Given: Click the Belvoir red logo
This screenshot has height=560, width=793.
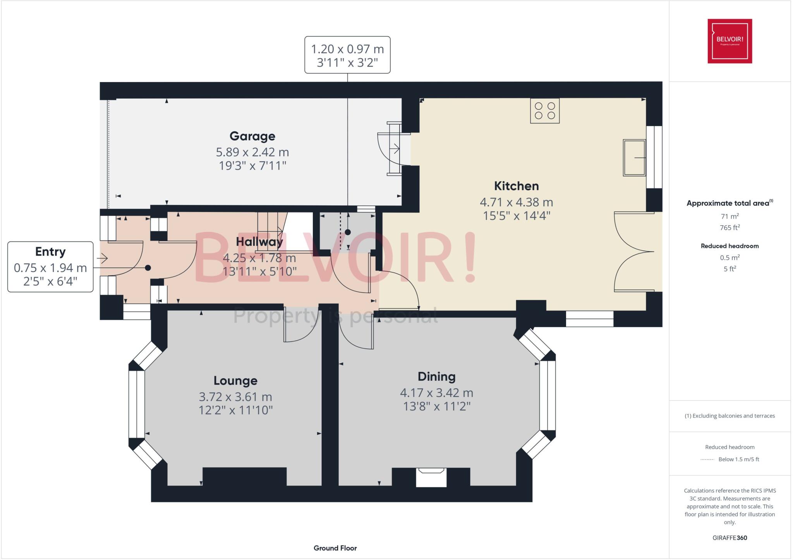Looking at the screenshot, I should (x=729, y=41).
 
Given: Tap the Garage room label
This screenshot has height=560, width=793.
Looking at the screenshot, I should (x=252, y=136).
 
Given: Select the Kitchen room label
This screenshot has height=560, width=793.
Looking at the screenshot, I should (x=516, y=186).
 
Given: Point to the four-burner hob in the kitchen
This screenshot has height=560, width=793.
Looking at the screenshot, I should (x=544, y=111).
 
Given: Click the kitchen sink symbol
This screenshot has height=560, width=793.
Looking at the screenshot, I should (x=634, y=158).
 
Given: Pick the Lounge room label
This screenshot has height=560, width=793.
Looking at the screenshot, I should (x=235, y=381).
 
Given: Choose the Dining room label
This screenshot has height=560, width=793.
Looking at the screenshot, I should (x=436, y=377).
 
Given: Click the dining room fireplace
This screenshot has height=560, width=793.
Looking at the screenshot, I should (x=431, y=477).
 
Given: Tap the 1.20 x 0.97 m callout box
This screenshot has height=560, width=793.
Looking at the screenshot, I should (x=347, y=55).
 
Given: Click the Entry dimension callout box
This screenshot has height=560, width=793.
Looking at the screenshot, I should (x=50, y=267).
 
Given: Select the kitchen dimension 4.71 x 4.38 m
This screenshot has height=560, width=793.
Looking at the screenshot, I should (x=516, y=202).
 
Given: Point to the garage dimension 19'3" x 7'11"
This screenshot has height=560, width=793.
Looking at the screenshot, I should (x=252, y=166).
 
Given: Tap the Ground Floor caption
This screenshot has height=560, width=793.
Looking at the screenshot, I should (x=335, y=548).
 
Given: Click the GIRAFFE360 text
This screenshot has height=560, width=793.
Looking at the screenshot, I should (x=729, y=538).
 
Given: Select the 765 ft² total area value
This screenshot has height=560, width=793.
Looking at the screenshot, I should (x=729, y=228).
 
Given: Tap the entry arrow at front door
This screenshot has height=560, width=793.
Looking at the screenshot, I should (x=102, y=258).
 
